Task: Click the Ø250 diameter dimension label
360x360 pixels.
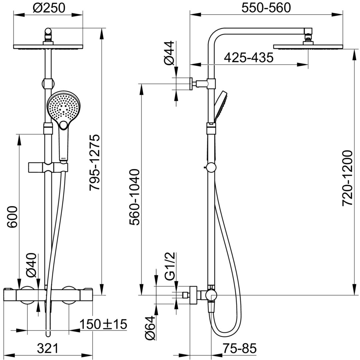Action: pyautogui.click(x=49, y=8)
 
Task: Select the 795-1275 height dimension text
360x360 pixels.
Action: pyautogui.click(x=94, y=162)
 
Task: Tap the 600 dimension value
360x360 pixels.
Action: pyautogui.click(x=12, y=217)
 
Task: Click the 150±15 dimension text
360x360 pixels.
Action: pyautogui.click(x=103, y=324)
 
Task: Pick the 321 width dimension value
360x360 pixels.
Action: pyautogui.click(x=47, y=348)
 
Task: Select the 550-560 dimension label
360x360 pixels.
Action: pyautogui.click(x=266, y=7)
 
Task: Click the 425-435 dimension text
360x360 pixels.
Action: pyautogui.click(x=249, y=58)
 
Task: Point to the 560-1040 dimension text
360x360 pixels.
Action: pyautogui.click(x=135, y=197)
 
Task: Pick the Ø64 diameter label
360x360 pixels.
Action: pyautogui.click(x=151, y=328)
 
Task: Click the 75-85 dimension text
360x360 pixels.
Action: pyautogui.click(x=240, y=349)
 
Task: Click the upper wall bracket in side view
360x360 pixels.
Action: pyautogui.click(x=199, y=83)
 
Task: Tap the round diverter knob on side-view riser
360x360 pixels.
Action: pyautogui.click(x=211, y=168)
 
